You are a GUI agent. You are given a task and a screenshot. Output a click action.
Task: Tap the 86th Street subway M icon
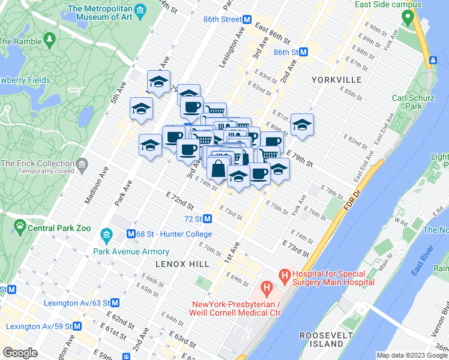click(246, 19)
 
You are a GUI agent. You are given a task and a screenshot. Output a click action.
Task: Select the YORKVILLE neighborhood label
click(336, 80)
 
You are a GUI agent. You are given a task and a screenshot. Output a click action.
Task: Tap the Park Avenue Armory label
click(131, 251)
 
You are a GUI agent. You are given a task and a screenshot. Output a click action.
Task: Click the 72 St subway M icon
click(207, 219)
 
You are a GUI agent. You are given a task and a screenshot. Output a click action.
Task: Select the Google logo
click(20, 353)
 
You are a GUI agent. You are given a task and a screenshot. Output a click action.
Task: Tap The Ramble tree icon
click(48, 40)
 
